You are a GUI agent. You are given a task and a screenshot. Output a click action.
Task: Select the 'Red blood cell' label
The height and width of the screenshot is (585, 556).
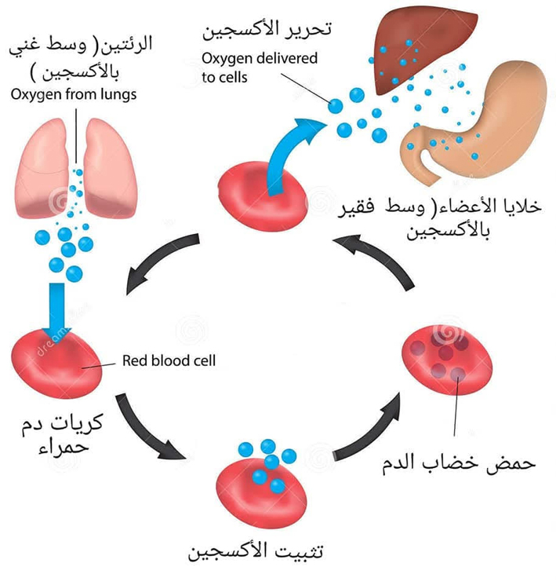(x=169, y=362)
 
